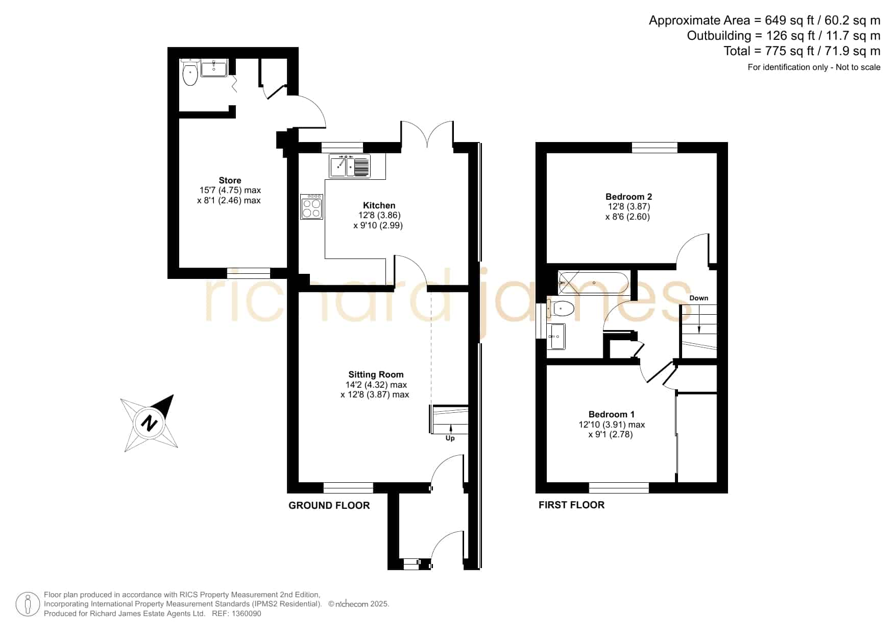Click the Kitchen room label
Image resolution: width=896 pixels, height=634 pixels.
[379, 205]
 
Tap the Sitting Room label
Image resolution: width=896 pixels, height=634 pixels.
[376, 374]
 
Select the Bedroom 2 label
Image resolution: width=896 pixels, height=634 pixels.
[628, 197]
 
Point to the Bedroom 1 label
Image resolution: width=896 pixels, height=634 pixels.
[611, 414]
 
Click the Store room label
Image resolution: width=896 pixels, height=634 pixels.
[230, 180]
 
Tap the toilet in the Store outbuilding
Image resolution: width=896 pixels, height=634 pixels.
[190, 73]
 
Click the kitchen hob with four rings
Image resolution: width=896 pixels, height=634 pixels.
[311, 206]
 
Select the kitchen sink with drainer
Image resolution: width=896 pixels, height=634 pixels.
[350, 166]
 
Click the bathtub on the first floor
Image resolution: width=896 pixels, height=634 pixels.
[593, 283]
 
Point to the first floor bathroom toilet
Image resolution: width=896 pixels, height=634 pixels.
[561, 309]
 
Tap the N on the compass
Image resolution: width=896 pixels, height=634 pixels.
[149, 424]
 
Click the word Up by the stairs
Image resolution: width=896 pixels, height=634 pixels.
[450, 438]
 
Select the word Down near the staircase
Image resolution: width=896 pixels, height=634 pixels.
[699, 298]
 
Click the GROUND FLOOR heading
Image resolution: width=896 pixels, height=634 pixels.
[329, 505]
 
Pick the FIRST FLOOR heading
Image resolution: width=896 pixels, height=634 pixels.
[571, 505]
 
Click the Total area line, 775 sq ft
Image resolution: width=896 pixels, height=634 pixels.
[802, 51]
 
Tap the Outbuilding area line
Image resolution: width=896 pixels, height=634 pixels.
[784, 36]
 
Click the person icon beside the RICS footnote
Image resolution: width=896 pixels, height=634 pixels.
[28, 604]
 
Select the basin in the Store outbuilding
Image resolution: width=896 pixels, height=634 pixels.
[214, 68]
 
